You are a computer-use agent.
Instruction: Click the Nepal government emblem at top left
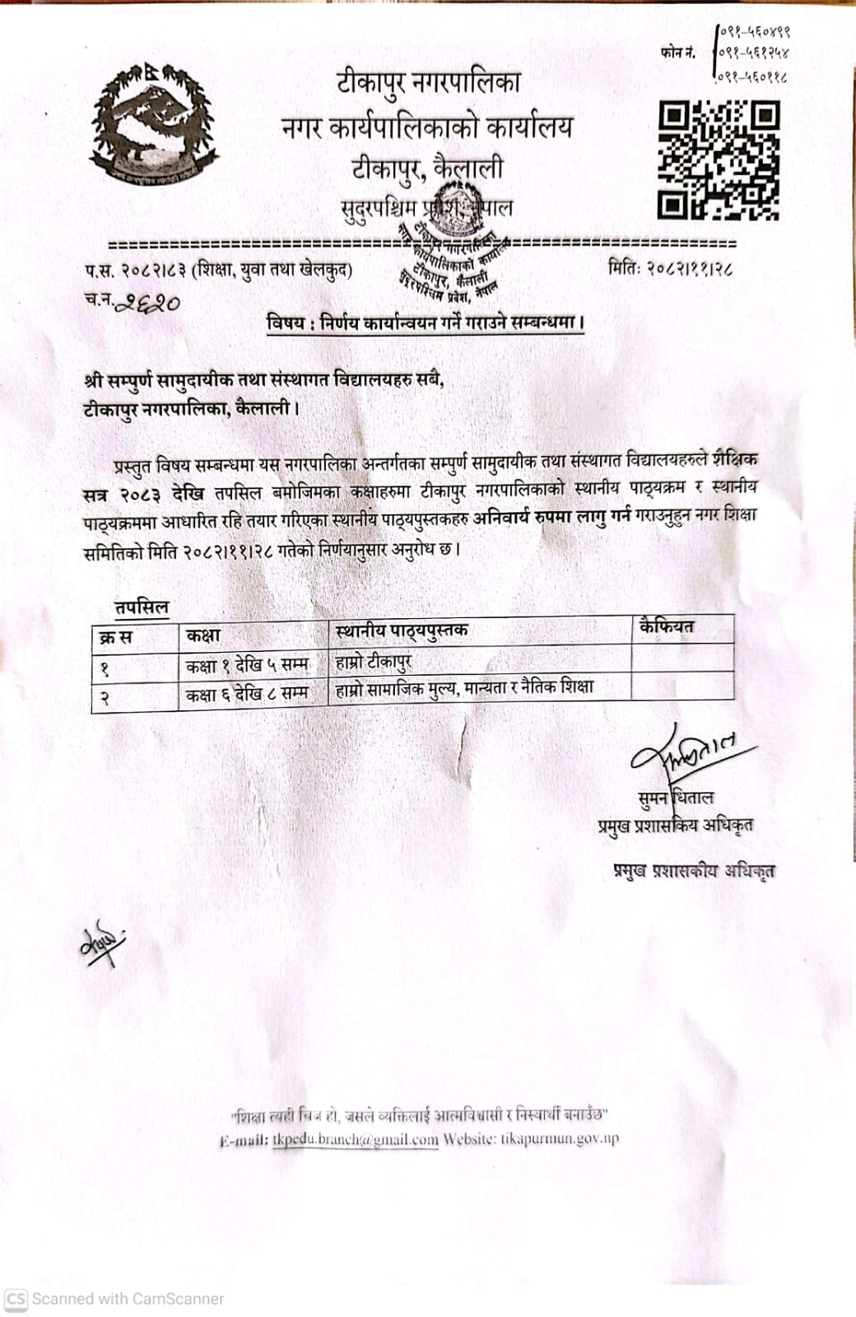coord(153,123)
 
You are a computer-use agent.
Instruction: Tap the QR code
coord(719,161)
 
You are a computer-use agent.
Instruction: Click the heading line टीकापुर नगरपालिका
coord(427,83)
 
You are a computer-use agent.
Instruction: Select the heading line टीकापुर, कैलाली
coord(427,170)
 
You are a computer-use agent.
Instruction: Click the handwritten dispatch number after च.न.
coord(148,303)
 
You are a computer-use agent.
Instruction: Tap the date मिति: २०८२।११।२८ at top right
coord(670,268)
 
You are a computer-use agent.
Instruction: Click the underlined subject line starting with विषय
coord(426,323)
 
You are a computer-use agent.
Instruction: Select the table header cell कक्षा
coord(203,635)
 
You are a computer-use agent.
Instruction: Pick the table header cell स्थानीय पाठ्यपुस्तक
coord(401,631)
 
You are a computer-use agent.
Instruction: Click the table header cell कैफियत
coord(666,627)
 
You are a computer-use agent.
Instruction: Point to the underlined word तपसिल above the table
coord(142,608)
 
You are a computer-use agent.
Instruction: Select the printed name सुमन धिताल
coord(675,798)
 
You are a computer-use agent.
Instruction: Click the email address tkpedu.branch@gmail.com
coord(355,1140)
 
